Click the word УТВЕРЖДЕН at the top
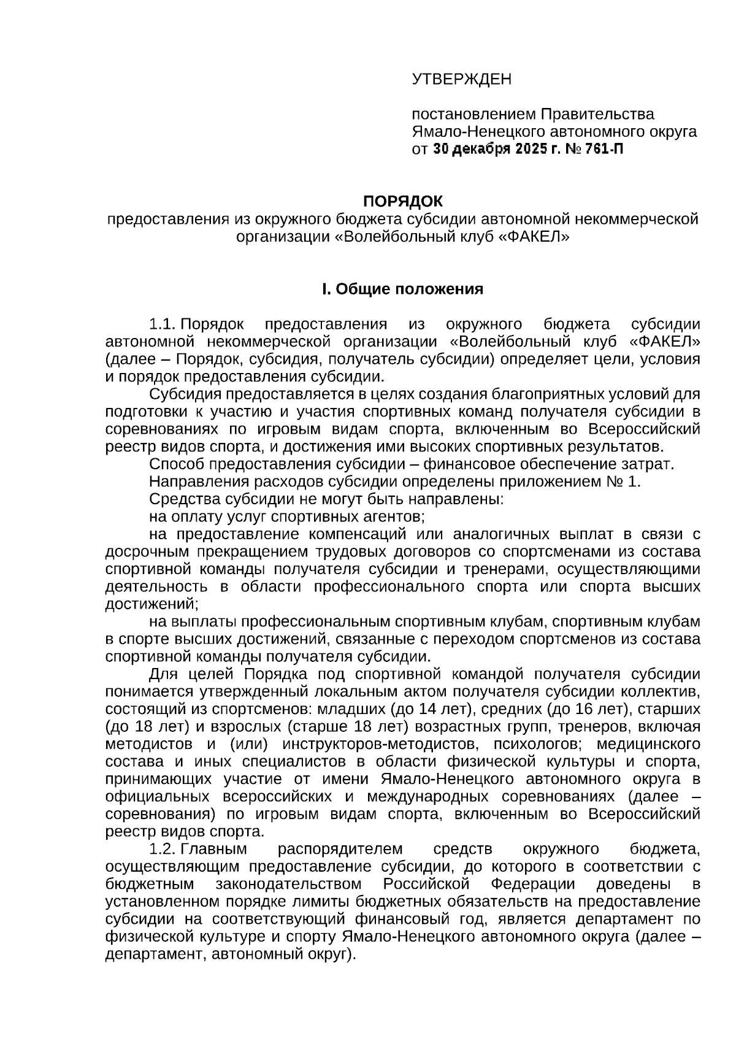click(461, 79)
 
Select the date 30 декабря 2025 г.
click(491, 149)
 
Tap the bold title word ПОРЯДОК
click(403, 201)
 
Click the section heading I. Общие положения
click(403, 289)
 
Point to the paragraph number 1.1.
click(163, 324)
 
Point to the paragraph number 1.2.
click(163, 849)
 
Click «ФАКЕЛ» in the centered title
click(532, 236)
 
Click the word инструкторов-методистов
click(379, 744)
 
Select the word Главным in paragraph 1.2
click(213, 849)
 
